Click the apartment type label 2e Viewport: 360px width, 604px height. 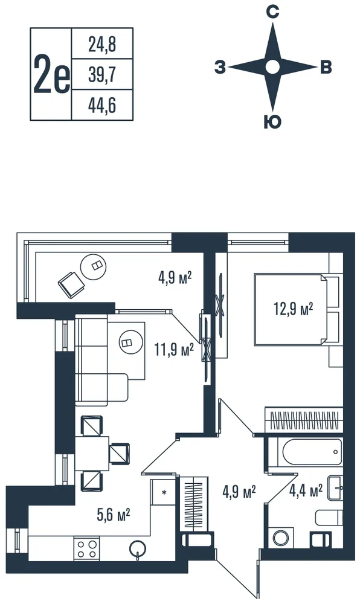(x=51, y=74)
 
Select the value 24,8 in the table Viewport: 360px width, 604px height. (x=102, y=45)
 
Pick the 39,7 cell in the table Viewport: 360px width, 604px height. (x=102, y=74)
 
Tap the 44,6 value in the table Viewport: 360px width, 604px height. (x=102, y=104)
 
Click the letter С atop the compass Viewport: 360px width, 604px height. (x=272, y=13)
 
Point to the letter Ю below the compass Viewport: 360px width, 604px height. (x=272, y=122)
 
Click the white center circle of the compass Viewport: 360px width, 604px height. (x=272, y=67)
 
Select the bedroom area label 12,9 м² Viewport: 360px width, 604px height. (x=294, y=309)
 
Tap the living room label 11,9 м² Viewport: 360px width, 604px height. (x=173, y=350)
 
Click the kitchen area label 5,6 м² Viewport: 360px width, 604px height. (x=114, y=514)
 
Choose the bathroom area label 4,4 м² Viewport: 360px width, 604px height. (x=306, y=490)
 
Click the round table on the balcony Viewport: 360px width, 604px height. (x=93, y=266)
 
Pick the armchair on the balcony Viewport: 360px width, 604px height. (x=71, y=284)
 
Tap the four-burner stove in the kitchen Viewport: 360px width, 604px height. (x=86, y=549)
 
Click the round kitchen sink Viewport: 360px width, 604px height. (x=138, y=548)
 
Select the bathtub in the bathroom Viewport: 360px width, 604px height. (x=312, y=452)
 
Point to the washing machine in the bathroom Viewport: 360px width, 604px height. (x=283, y=538)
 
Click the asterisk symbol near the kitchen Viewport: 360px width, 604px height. (x=164, y=492)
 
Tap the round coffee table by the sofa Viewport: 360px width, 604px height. (x=126, y=342)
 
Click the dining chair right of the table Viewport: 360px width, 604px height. (x=120, y=453)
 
